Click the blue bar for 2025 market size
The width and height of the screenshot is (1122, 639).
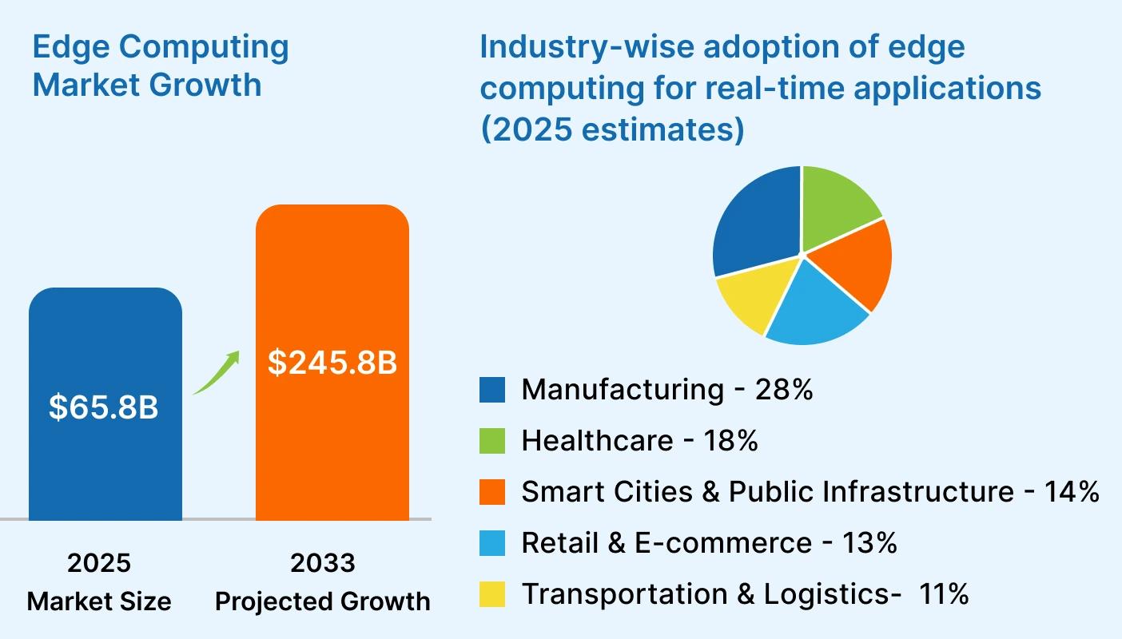pos(105,463)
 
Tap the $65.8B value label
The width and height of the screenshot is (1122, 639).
pos(104,407)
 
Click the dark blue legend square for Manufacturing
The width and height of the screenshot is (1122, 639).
pos(492,390)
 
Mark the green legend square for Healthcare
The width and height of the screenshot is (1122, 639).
pos(492,441)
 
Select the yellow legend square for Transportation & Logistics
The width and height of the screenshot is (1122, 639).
pos(492,593)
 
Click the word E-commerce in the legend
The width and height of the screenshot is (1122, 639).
pos(726,543)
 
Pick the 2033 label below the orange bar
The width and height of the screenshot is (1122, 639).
pos(322,563)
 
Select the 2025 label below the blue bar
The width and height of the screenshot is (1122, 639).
pos(99,563)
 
